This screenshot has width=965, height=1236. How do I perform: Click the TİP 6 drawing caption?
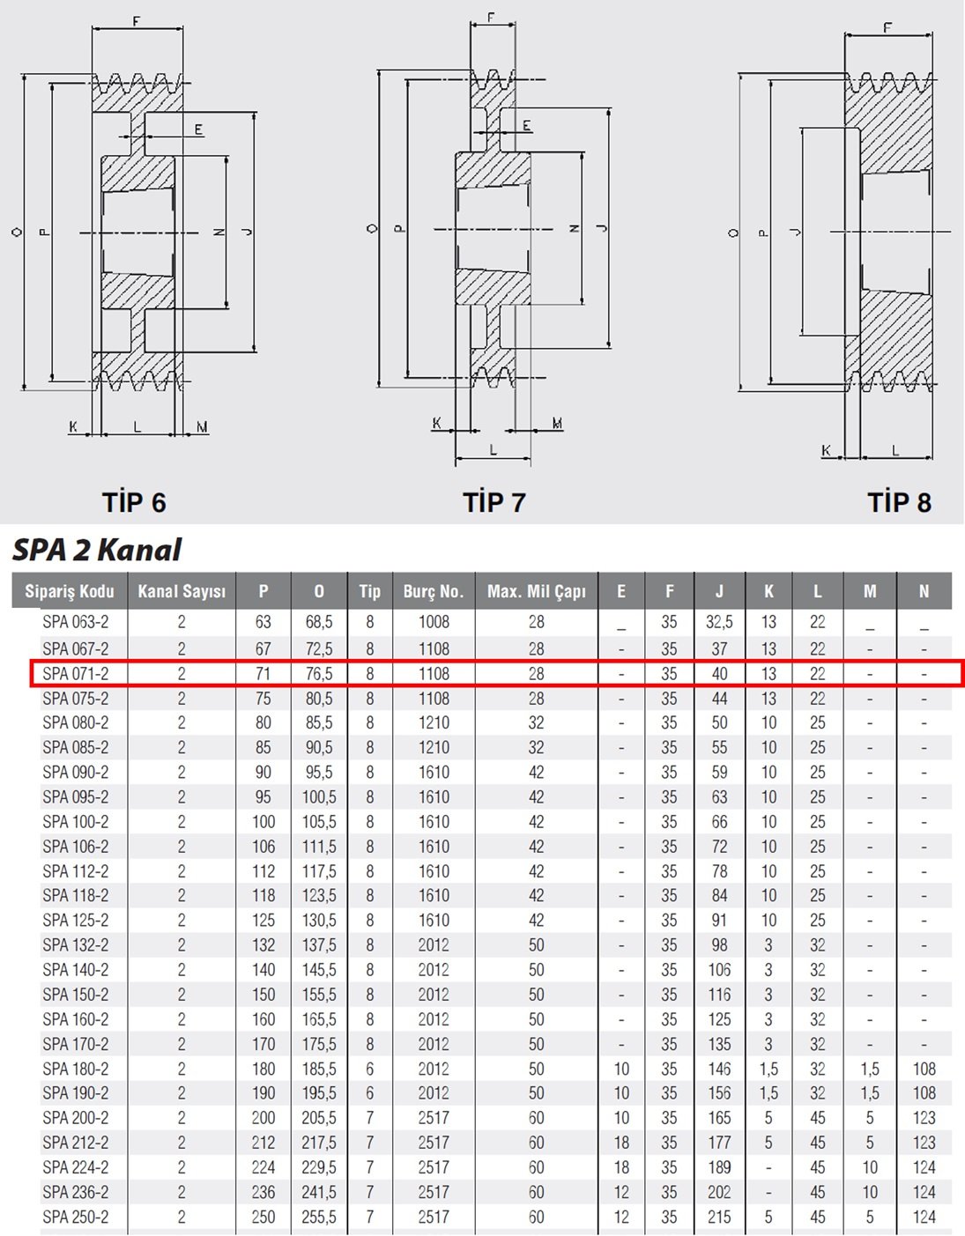click(x=134, y=502)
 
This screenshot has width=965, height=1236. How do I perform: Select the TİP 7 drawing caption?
click(x=494, y=502)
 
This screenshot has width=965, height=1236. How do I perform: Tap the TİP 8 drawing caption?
click(x=899, y=502)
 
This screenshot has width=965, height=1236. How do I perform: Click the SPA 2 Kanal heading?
click(x=97, y=550)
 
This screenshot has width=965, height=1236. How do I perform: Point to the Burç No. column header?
click(x=434, y=591)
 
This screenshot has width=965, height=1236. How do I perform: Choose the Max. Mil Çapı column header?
click(x=536, y=591)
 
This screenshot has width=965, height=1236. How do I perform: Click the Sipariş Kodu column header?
click(x=70, y=591)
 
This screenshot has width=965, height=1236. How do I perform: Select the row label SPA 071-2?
click(x=75, y=673)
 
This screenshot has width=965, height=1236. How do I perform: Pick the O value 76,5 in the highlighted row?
click(x=319, y=673)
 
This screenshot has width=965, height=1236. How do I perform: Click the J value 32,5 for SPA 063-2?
click(x=719, y=622)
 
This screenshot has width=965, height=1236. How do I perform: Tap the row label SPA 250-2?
click(x=75, y=1217)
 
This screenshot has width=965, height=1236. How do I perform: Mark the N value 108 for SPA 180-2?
click(x=924, y=1069)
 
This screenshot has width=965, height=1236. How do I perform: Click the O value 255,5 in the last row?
click(x=319, y=1217)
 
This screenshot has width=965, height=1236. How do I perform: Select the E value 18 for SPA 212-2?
click(x=621, y=1142)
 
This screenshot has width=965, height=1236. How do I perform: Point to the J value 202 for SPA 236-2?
click(x=719, y=1192)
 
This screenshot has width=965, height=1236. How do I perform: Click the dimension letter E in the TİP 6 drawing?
click(x=198, y=130)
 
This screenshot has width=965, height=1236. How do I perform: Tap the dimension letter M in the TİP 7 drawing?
click(x=557, y=423)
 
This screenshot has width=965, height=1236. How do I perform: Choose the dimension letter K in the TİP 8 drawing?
click(x=826, y=451)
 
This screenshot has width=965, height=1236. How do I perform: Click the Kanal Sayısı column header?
click(x=182, y=591)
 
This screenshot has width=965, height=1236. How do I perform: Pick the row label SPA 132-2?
click(x=75, y=944)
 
